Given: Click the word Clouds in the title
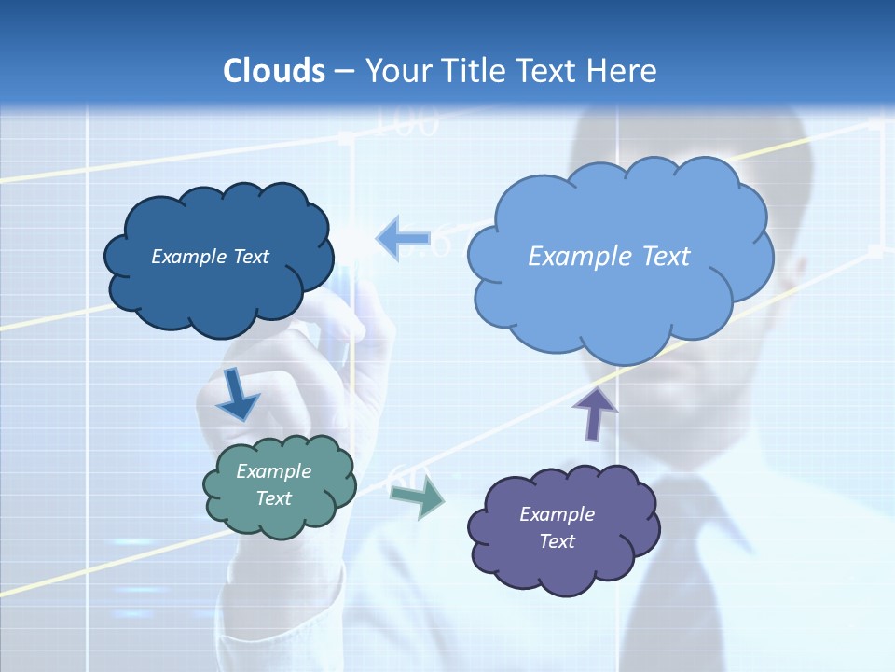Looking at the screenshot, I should pos(274,71).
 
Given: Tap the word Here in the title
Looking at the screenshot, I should pos(622,71).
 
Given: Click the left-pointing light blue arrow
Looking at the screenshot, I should pos(404,239).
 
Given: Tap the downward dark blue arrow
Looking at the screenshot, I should pos(237,396).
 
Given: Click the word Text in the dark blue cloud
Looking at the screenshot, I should pos(251,257).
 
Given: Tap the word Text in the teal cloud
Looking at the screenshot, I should pos(273,498).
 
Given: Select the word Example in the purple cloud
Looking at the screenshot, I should pos(557,514).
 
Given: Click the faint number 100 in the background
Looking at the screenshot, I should pos(406,123).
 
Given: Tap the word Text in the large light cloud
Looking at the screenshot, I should pos(666,257).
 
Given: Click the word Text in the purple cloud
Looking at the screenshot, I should pos(557,541).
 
